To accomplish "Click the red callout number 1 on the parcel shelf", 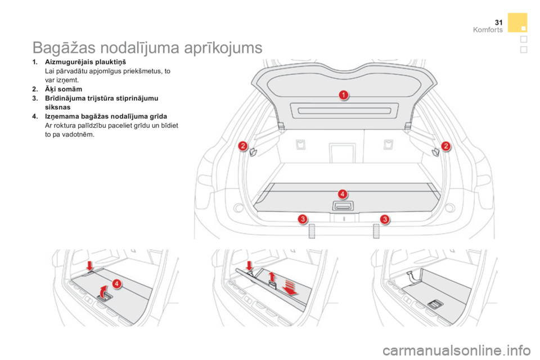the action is [343, 94].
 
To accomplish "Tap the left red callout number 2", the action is [243, 146].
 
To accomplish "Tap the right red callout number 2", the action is [445, 146].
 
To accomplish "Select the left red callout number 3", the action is [303, 219].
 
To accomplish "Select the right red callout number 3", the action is [385, 219].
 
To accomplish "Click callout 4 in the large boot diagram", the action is [343, 194].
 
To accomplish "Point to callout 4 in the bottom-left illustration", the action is [117, 283].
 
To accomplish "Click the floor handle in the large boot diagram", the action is [343, 206].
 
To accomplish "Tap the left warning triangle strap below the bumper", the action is [312, 231].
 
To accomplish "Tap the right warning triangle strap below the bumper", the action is [376, 231].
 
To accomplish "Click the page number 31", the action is [498, 22].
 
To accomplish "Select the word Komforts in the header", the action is [488, 30].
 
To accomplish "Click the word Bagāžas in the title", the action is [64, 48].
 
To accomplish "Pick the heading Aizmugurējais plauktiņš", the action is [85, 62].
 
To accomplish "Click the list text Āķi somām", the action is [64, 89].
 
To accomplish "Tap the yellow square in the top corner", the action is [517, 22].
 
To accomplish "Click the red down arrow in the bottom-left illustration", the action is [89, 266].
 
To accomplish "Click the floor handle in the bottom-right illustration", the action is [435, 304].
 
